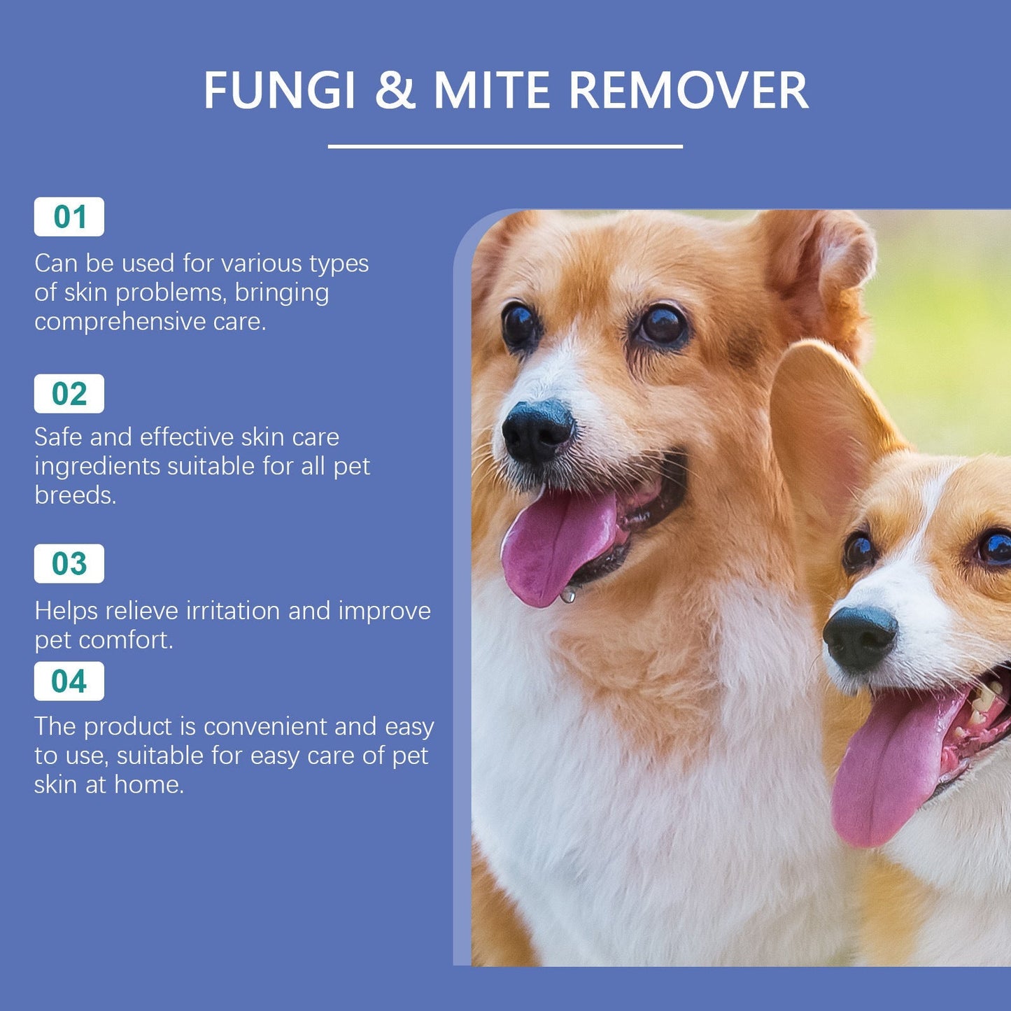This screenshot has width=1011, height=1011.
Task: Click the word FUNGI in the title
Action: [279, 90]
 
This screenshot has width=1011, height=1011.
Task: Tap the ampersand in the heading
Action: [395, 90]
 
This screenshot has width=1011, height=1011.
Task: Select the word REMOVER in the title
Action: [688, 90]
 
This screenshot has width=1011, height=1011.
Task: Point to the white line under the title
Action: [505, 146]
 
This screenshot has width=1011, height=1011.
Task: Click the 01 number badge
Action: [69, 217]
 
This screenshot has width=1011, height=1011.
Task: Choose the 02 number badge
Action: [69, 394]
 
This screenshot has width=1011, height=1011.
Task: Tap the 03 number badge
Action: [69, 564]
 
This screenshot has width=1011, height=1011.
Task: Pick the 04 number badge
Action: [69, 681]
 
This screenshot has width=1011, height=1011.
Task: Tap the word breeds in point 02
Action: [73, 495]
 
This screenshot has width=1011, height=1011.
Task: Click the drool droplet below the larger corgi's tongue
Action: [568, 596]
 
